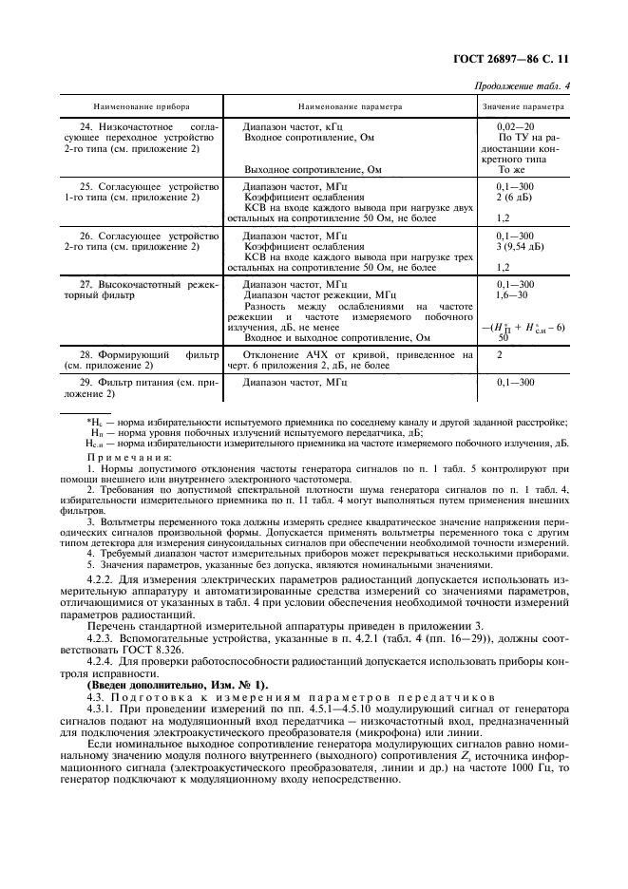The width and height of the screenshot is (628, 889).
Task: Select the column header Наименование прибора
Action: [x=143, y=107]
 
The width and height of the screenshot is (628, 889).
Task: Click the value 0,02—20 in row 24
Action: [x=516, y=125]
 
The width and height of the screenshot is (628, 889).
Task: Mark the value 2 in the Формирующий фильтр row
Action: [x=500, y=353]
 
